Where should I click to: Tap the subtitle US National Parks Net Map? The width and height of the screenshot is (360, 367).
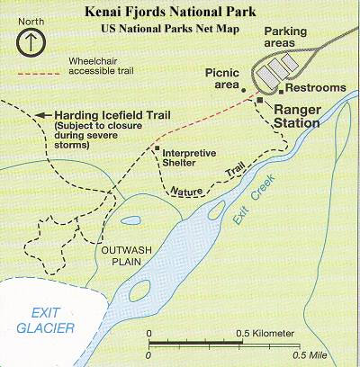[180, 29]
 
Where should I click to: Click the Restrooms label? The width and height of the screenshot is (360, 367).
[314, 88]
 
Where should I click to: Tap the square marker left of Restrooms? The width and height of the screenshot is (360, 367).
[281, 89]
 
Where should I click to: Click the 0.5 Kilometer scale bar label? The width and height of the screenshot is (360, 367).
[265, 334]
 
